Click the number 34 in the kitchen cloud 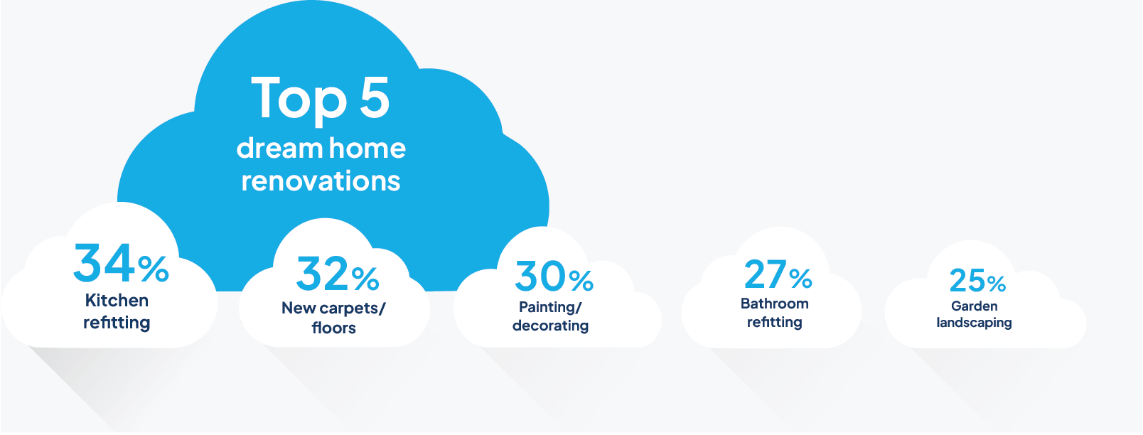(104, 262)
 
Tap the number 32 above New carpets (323, 274)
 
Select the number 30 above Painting (540, 276)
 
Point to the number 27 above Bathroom (766, 274)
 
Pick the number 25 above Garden (967, 281)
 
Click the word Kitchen (117, 301)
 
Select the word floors (333, 328)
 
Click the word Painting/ (550, 308)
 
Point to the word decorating (551, 326)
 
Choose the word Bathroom (775, 304)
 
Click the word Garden (974, 306)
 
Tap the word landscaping (974, 323)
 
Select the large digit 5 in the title (375, 97)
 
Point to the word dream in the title (279, 148)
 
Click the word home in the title (367, 148)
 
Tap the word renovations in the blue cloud (321, 181)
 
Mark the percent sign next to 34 (153, 269)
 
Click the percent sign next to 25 (996, 284)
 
